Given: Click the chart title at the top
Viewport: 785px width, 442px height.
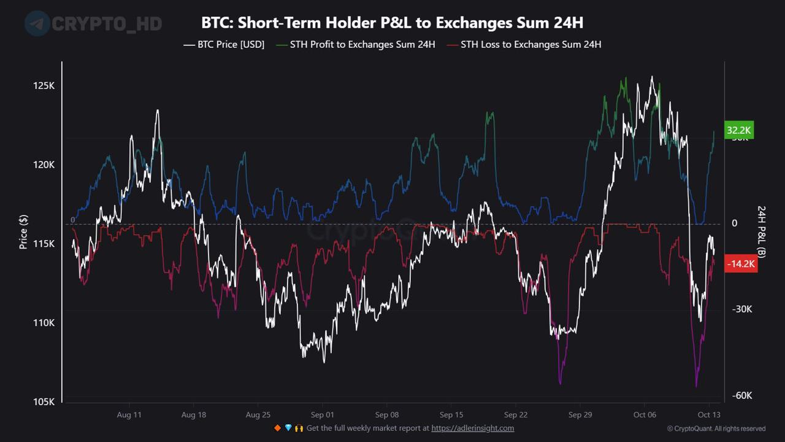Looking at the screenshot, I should (x=392, y=23).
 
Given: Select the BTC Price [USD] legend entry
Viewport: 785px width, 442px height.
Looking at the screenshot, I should (x=224, y=45).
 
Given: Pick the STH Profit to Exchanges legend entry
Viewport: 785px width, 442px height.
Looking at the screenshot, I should (x=356, y=45).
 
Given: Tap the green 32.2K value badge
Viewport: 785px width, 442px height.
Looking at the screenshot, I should (x=738, y=130).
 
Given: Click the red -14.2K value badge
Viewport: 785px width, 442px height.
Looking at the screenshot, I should (x=741, y=264).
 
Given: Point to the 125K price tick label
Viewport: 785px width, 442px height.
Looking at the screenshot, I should (x=44, y=86).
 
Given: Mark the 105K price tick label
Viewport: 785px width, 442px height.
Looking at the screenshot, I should (x=44, y=401).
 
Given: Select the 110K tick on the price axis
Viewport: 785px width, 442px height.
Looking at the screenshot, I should (x=44, y=323).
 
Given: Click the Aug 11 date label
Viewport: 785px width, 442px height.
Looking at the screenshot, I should (x=129, y=415).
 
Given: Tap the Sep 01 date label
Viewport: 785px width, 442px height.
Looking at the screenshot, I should (x=322, y=415).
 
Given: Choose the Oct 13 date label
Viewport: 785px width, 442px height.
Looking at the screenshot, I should (x=709, y=415).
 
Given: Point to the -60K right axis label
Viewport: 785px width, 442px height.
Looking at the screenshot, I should (x=742, y=395).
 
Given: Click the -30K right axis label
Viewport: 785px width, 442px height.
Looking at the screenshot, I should (x=742, y=309).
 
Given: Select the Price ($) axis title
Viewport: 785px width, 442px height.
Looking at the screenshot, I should (x=23, y=232).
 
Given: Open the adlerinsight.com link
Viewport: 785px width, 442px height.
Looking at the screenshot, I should (x=472, y=428).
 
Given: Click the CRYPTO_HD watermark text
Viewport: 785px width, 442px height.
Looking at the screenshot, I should (x=107, y=24).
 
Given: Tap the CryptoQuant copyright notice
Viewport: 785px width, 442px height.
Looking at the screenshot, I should (x=716, y=428).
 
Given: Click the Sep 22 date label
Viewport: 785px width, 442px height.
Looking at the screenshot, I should (x=515, y=415).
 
